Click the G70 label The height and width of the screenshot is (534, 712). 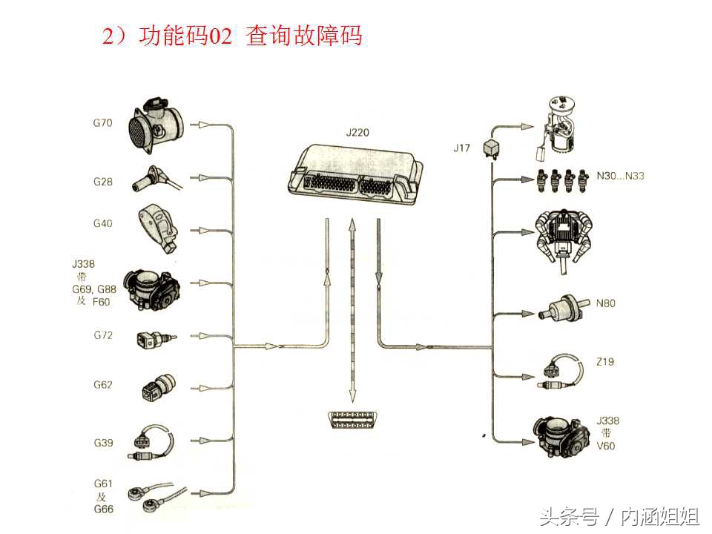coord(102,123)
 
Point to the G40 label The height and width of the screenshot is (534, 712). coord(102,223)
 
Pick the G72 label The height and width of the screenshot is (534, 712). coord(103,335)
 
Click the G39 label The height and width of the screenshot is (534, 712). coord(103,443)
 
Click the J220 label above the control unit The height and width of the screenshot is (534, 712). coord(357,133)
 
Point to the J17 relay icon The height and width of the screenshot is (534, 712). coord(492,147)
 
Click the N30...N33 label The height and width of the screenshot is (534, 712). coord(621,177)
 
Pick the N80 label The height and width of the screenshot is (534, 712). coord(605,303)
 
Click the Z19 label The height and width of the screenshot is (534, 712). coord(604,362)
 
